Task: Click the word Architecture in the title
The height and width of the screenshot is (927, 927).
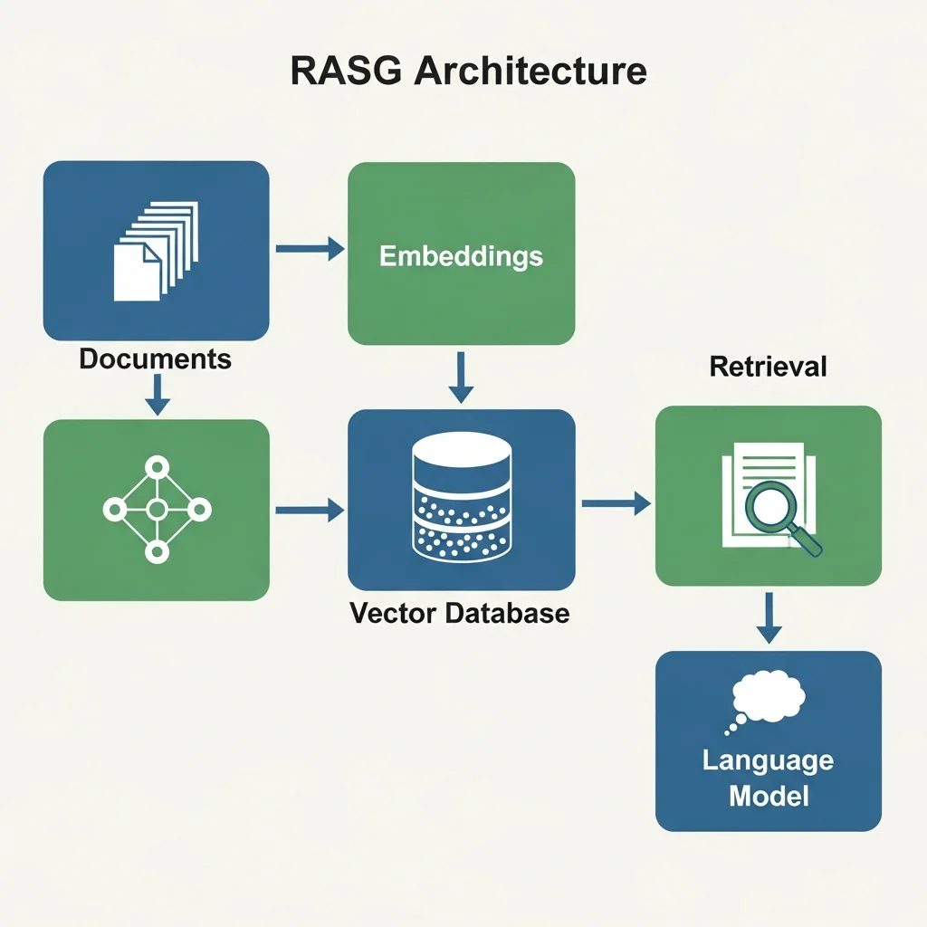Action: (530, 71)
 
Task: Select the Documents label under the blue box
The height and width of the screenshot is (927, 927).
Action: (155, 359)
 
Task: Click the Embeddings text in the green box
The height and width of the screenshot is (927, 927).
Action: (461, 255)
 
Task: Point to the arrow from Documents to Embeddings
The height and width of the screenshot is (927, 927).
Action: (309, 247)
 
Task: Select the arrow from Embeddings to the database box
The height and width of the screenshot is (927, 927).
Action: (462, 378)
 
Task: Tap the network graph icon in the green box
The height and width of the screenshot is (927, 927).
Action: (156, 509)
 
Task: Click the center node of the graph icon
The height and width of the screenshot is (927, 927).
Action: (156, 509)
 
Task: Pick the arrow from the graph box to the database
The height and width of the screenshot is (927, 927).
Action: (309, 511)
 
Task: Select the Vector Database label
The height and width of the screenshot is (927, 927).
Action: (459, 613)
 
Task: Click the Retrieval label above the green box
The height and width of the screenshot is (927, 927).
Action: (768, 367)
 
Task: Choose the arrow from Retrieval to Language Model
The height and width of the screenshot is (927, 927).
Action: (769, 618)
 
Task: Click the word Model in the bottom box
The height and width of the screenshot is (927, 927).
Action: (768, 797)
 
